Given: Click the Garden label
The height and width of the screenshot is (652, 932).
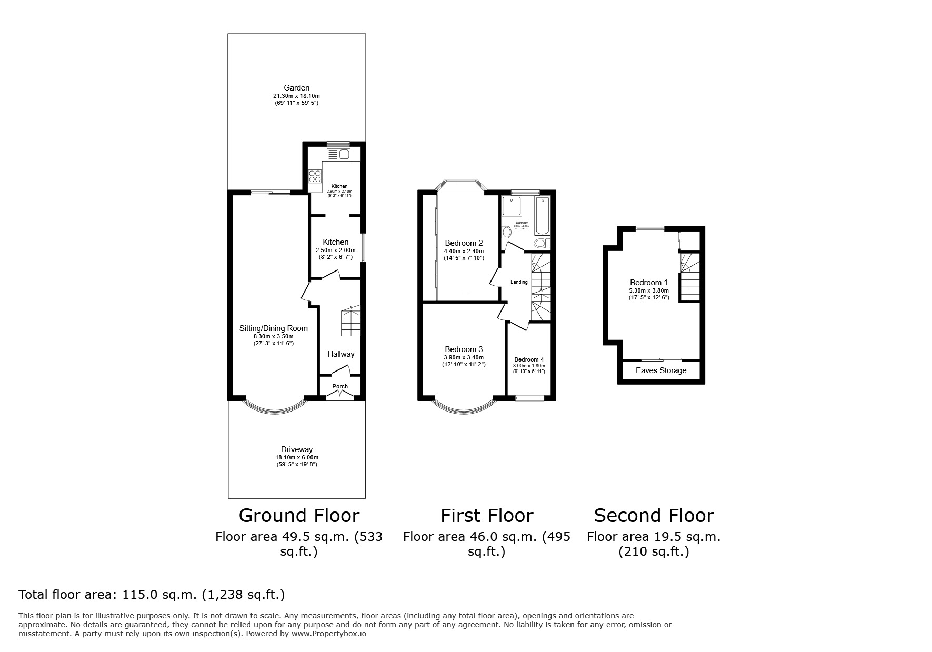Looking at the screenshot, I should (296, 88).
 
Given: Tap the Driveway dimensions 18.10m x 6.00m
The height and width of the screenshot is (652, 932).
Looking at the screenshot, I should (296, 457).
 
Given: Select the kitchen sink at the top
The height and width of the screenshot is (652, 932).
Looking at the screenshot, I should (338, 154).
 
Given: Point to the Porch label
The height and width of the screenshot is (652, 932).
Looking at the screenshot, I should (340, 386).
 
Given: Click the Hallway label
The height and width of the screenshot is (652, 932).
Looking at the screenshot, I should (341, 354).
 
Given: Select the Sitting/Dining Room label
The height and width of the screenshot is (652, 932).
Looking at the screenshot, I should (273, 328).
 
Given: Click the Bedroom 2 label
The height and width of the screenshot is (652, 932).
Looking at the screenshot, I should (464, 243).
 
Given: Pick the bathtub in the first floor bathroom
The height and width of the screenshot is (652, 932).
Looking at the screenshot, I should (542, 216).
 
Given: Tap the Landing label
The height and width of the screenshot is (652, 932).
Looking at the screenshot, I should (519, 282).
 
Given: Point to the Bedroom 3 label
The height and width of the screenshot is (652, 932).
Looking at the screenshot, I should (464, 349).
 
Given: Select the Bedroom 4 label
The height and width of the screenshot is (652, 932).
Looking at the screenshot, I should (529, 359).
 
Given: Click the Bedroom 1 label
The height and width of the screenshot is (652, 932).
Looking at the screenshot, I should (648, 283).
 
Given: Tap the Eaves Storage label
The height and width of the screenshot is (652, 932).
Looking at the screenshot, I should (661, 370).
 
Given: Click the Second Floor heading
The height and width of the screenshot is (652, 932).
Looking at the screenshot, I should (654, 515).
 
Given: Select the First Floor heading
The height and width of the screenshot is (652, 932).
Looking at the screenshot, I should (487, 515).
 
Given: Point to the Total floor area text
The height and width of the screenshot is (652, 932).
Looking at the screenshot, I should (152, 595).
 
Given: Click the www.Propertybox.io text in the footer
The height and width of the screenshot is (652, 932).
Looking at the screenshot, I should (328, 634).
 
